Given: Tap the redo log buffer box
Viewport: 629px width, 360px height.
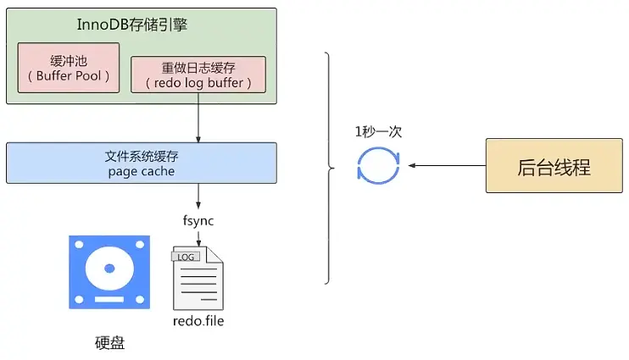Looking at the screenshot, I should (198, 75).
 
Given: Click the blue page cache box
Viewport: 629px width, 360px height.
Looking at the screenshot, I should (141, 163).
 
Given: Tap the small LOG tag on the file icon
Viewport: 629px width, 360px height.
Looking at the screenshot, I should (186, 255).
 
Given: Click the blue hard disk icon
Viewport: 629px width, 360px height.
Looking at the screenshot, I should (109, 273).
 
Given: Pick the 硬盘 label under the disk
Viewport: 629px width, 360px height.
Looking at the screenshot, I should (109, 344).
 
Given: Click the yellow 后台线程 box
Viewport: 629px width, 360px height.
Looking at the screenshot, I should (552, 166).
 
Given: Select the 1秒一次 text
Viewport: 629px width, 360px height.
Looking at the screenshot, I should (377, 131).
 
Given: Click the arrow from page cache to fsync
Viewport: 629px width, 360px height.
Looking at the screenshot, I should (198, 197).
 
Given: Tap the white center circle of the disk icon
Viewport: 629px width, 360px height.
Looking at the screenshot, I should (109, 268).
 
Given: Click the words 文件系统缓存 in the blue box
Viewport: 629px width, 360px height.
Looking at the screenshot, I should (141, 156).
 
